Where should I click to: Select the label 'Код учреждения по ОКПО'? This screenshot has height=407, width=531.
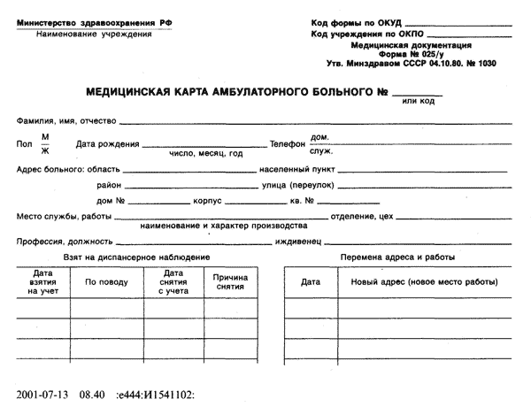[359, 34]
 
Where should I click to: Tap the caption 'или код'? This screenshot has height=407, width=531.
[418, 101]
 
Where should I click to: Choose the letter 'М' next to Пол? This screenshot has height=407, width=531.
[45, 135]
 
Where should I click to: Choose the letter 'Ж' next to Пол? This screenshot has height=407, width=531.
[45, 150]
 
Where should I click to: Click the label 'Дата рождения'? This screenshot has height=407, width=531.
[108, 143]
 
